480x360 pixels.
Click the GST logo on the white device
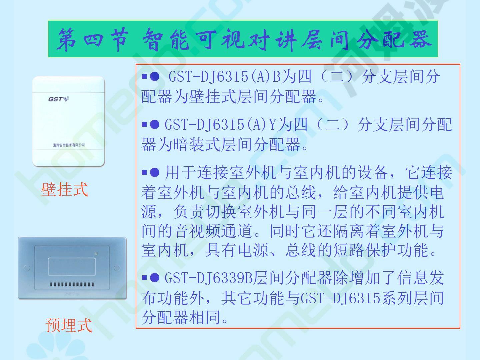click(58, 99)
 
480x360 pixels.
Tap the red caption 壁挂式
click(65, 190)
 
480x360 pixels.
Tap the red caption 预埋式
click(69, 325)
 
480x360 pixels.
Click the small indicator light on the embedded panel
click(96, 254)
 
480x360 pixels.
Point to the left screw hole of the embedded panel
click(27, 268)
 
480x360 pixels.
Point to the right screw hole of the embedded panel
click(117, 268)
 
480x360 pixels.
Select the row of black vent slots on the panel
click(72, 284)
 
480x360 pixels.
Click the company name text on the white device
click(69, 145)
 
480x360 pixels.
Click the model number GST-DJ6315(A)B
click(224, 77)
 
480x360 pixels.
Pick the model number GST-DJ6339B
click(209, 278)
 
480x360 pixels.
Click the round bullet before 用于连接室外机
click(154, 172)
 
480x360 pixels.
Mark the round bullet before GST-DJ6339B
click(154, 278)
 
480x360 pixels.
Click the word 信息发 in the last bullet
click(421, 278)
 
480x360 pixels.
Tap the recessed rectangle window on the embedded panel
click(72, 266)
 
